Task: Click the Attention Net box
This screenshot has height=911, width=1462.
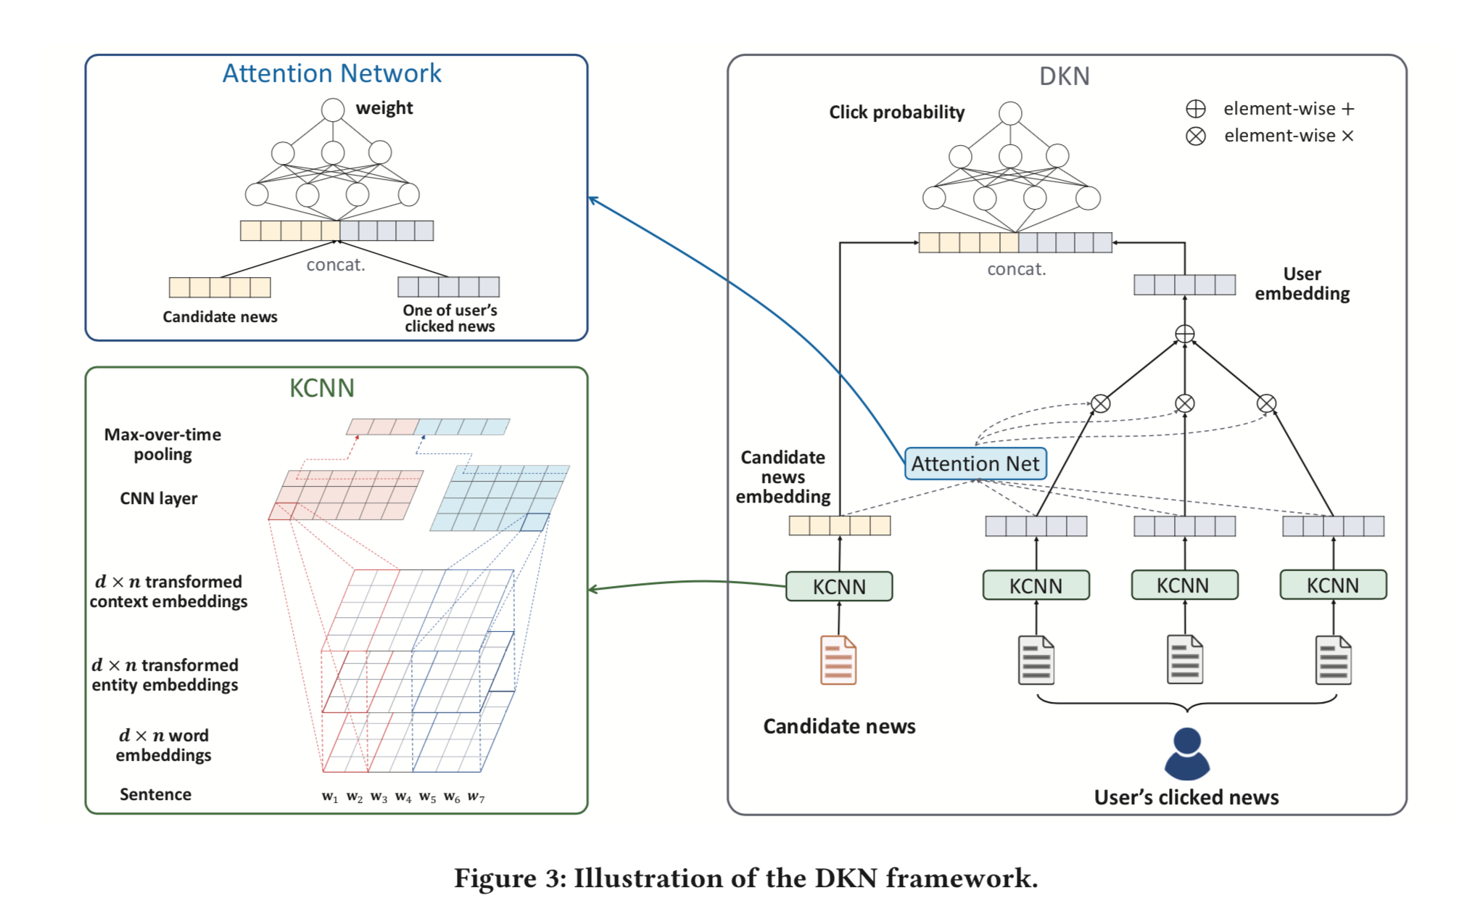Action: pyautogui.click(x=975, y=463)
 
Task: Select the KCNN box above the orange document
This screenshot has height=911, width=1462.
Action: pyautogui.click(x=839, y=586)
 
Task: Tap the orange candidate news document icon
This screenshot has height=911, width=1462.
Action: pyautogui.click(x=838, y=660)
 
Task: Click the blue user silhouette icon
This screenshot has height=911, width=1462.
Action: pyautogui.click(x=1187, y=754)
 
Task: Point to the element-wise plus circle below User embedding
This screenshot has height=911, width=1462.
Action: pyautogui.click(x=1184, y=334)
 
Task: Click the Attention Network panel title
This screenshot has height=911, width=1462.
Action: pyautogui.click(x=331, y=73)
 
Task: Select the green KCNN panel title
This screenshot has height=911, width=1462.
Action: pyautogui.click(x=321, y=388)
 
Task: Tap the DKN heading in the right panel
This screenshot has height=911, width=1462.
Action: pyautogui.click(x=1064, y=76)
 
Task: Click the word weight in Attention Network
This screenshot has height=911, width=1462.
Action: pyautogui.click(x=384, y=108)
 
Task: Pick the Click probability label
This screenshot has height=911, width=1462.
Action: pyautogui.click(x=896, y=112)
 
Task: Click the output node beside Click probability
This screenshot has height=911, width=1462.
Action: pyautogui.click(x=1010, y=113)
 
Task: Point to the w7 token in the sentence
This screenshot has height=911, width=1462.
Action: pyautogui.click(x=476, y=796)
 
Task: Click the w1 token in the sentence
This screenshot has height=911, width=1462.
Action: pyautogui.click(x=330, y=796)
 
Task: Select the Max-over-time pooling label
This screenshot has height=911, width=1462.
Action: pyautogui.click(x=162, y=444)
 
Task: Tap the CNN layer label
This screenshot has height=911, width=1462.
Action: pyautogui.click(x=158, y=498)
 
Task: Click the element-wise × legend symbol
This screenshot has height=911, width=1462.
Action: pyautogui.click(x=1196, y=136)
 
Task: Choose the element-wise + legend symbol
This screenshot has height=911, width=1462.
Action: pyautogui.click(x=1196, y=109)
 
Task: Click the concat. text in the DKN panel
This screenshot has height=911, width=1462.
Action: pyautogui.click(x=1016, y=269)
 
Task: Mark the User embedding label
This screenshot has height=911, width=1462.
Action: pyautogui.click(x=1302, y=284)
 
